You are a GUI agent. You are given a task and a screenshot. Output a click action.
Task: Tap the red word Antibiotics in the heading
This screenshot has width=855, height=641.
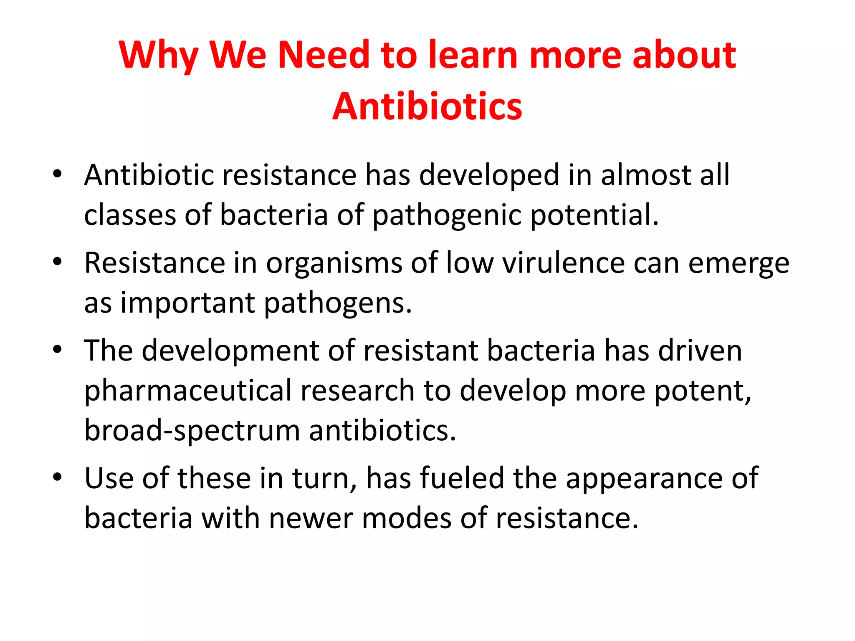427,107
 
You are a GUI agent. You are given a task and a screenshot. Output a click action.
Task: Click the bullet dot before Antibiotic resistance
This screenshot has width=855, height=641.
58,174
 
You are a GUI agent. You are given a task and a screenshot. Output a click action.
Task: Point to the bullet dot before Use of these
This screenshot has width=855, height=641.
58,477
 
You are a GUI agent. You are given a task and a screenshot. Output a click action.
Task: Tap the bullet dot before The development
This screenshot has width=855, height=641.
58,349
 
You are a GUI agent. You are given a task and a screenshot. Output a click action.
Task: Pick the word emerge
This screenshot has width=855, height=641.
739,264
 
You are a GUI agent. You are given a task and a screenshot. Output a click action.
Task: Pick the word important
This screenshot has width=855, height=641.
187,303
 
